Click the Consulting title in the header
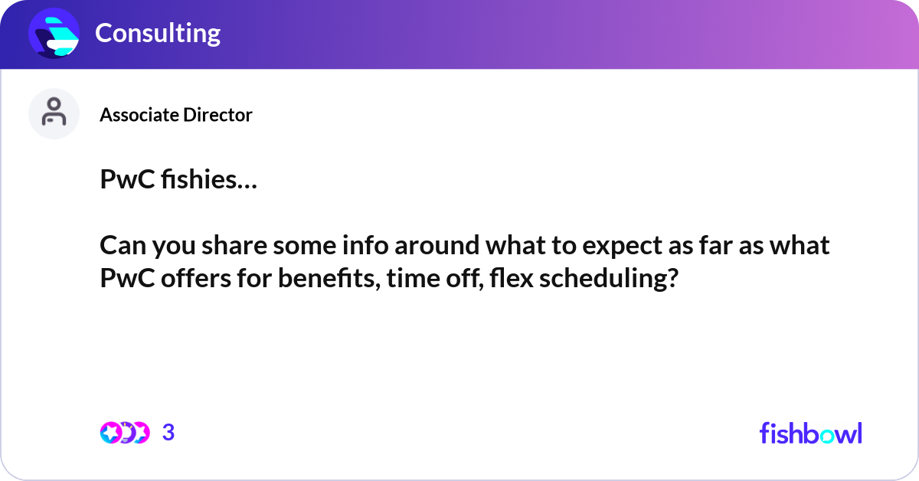(x=158, y=33)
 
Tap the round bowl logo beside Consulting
(x=54, y=33)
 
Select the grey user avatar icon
(x=54, y=113)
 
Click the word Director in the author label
(x=217, y=115)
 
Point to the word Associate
(x=140, y=115)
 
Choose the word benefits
(x=329, y=278)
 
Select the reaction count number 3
(x=168, y=433)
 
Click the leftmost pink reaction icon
(x=111, y=433)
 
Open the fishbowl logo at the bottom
(x=811, y=433)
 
